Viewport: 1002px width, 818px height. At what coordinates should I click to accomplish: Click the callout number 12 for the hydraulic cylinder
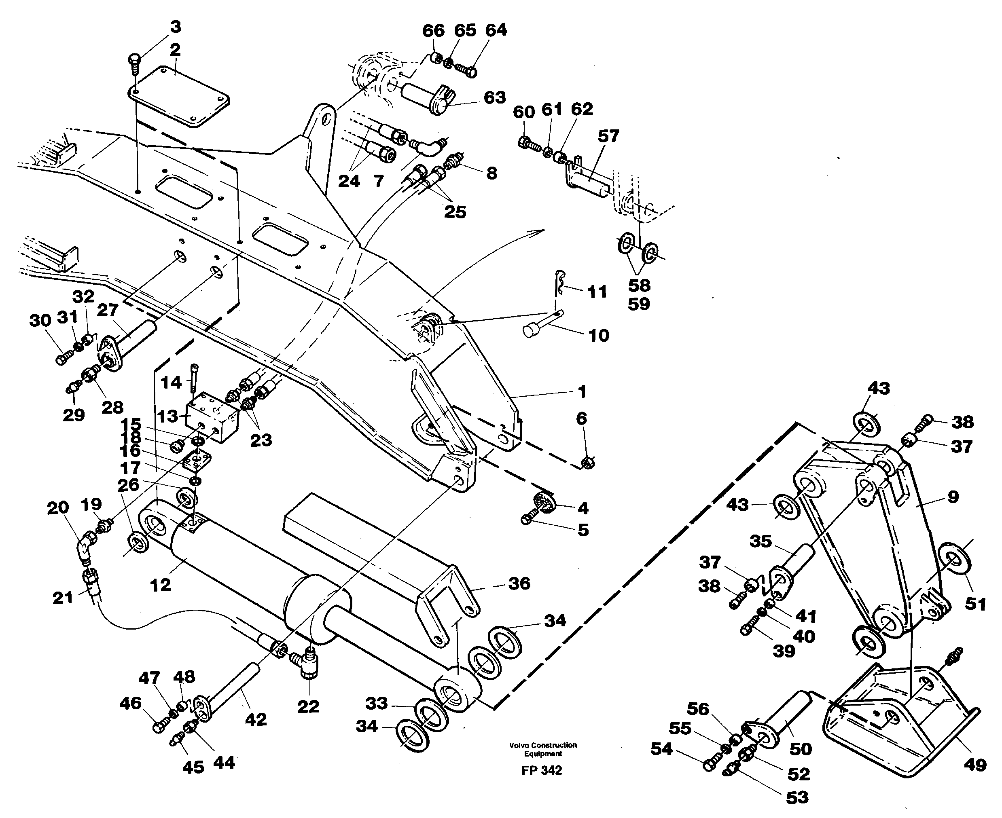[x=160, y=585]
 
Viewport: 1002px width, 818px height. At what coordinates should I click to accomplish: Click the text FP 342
[x=542, y=770]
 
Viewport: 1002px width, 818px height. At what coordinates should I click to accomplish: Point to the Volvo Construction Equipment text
[x=542, y=749]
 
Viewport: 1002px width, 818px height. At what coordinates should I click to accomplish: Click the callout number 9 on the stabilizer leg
[x=953, y=497]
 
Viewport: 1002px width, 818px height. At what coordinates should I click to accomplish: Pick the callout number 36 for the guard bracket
[x=519, y=583]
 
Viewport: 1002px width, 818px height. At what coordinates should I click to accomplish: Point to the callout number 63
[x=494, y=97]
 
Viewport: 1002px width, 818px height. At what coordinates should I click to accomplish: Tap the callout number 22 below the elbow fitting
[x=308, y=706]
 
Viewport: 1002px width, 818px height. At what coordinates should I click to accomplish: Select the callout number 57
[x=608, y=136]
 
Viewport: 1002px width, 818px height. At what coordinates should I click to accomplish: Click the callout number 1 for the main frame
[x=582, y=391]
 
